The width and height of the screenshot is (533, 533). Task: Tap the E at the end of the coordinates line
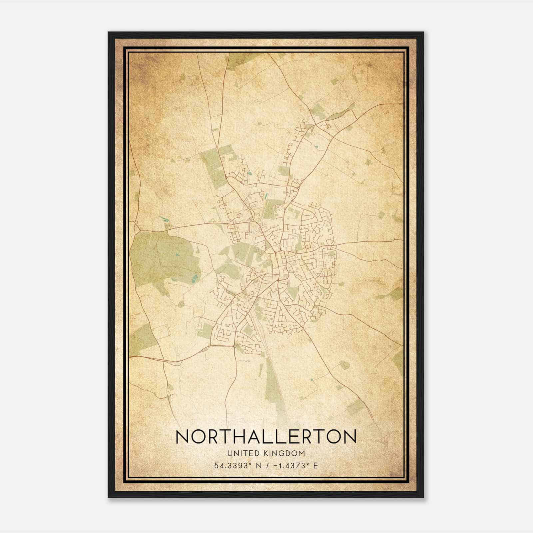316,465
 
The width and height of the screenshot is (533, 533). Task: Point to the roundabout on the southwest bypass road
235,346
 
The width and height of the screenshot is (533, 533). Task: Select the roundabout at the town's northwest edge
226,177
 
